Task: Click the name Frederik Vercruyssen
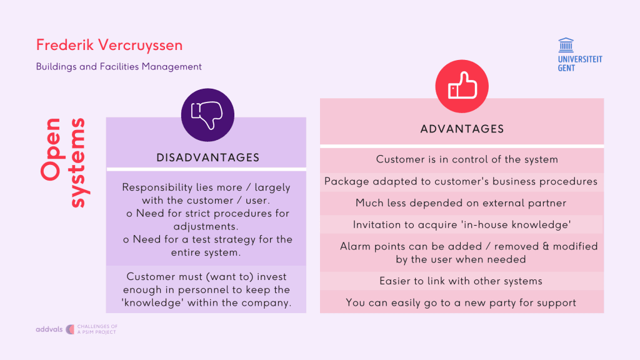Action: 109,46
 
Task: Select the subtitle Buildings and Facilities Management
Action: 119,66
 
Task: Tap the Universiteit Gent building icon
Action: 566,45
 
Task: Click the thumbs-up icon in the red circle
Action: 462,86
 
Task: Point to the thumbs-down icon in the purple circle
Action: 207,115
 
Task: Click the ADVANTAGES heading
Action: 462,129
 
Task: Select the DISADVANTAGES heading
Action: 207,157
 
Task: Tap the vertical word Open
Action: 52,149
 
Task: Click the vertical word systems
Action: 78,163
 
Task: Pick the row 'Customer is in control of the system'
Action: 467,159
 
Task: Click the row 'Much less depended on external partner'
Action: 461,203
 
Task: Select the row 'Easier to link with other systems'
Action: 461,281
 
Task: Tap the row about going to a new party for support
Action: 461,302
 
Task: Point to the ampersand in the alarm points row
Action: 546,246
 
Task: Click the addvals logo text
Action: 49,329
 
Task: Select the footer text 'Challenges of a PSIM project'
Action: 97,329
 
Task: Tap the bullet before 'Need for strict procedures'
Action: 129,214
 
